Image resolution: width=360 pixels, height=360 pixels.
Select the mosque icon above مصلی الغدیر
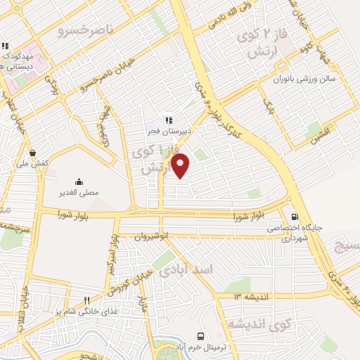tap(78, 181)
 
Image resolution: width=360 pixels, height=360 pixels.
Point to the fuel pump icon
tap(294, 217)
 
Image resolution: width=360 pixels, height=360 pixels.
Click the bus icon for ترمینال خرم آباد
tap(201, 336)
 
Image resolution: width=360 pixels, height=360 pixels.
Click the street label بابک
tap(267, 106)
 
